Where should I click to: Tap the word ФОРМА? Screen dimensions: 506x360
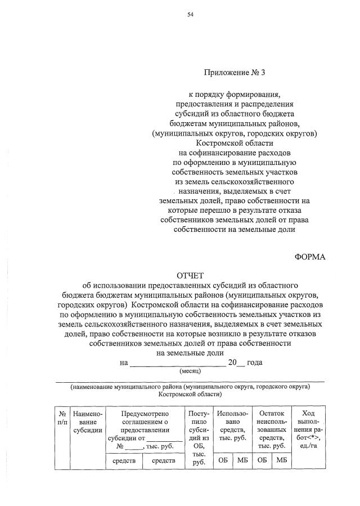click(310, 257)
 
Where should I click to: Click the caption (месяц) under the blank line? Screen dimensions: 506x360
click(190, 372)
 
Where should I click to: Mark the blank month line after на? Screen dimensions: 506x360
click(178, 363)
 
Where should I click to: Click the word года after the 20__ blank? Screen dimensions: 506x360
click(255, 362)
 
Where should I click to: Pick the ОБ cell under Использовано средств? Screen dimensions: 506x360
click(222, 462)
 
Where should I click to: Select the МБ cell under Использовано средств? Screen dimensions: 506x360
click(242, 462)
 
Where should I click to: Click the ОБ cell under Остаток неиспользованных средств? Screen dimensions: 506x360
click(262, 462)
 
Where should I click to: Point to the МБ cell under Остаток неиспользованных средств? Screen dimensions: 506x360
click(282, 462)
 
